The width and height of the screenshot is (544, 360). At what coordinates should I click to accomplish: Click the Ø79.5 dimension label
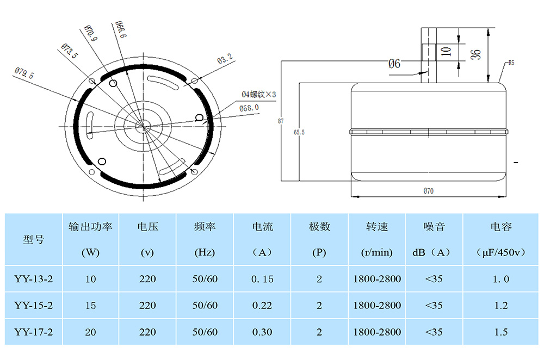[x=24, y=73]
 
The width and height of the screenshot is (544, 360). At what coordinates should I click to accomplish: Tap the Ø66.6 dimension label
[x=121, y=29]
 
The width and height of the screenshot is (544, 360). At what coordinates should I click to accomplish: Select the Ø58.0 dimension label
[x=249, y=108]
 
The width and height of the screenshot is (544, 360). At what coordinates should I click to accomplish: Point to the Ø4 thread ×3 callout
[x=258, y=94]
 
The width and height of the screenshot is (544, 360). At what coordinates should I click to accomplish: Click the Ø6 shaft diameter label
[x=394, y=64]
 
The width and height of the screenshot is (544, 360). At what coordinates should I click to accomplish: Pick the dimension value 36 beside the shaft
[x=475, y=54]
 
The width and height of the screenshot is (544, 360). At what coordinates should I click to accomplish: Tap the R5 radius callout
[x=511, y=63]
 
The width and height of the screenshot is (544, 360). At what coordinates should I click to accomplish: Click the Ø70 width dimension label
[x=428, y=191]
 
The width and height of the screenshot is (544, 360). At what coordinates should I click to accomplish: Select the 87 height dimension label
[x=281, y=121]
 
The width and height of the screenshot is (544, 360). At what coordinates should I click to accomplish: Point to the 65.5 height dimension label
[x=299, y=132]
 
